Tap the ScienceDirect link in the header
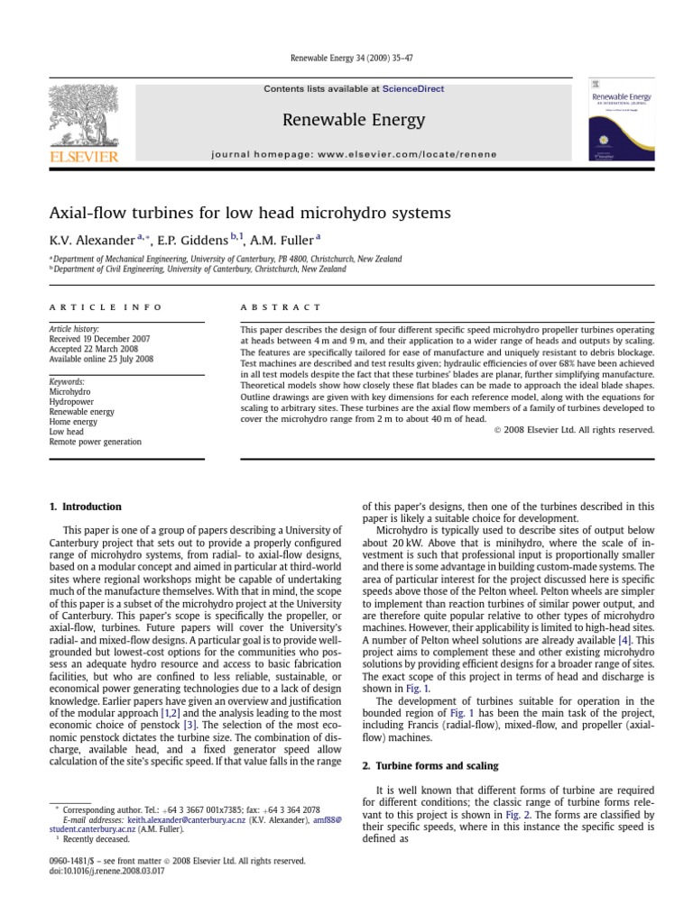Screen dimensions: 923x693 [413, 89]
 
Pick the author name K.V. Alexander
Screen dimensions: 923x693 [91, 240]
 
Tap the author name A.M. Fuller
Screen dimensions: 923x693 [282, 240]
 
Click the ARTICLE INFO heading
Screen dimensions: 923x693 [106, 307]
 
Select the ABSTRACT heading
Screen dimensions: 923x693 [281, 307]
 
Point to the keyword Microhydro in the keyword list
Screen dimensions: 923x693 [70, 392]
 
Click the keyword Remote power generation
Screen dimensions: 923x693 [95, 442]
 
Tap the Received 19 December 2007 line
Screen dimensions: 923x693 [100, 339]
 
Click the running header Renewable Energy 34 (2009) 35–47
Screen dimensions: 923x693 [346, 59]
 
